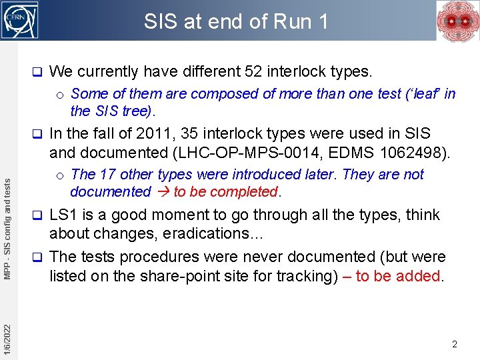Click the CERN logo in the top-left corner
pos(20,20)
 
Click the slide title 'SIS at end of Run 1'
pos(237,21)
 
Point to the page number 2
pos(454,345)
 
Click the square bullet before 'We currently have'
pos(38,71)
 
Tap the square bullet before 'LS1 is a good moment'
pos(38,215)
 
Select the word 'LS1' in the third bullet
pos(63,215)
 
